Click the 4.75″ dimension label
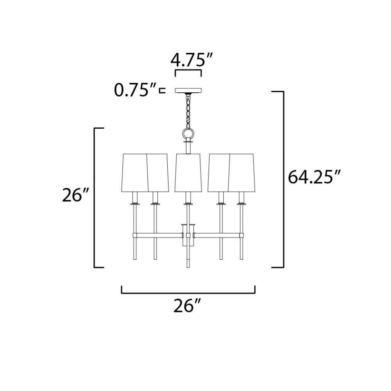coord(191,60)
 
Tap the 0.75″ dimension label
coord(135,90)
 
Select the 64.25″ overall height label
coord(314,177)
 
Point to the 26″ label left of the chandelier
coord(75,195)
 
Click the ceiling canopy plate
coord(188,90)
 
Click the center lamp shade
coord(188,173)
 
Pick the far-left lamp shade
coord(135,173)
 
